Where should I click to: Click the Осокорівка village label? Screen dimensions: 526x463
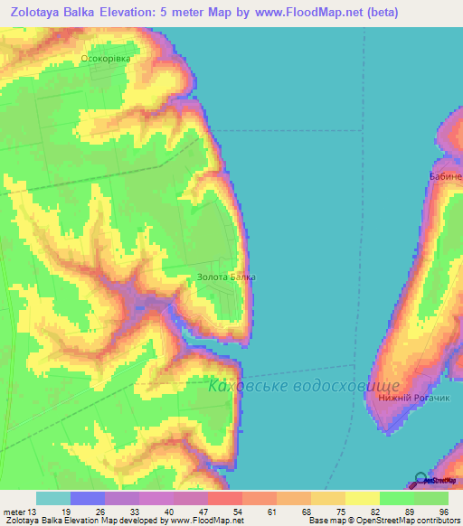point(107,59)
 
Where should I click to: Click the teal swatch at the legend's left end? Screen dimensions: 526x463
point(52,498)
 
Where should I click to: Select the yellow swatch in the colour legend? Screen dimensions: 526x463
point(362,498)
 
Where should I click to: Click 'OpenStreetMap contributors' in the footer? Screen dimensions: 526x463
point(403,521)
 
